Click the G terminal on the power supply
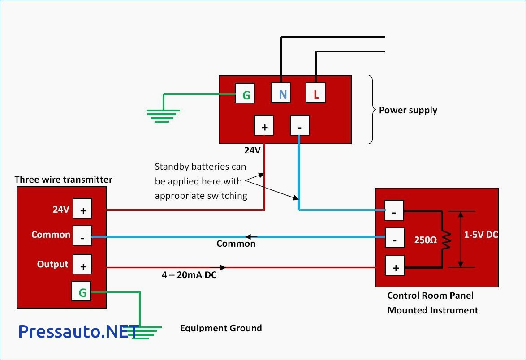click(245, 93)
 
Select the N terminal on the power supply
click(281, 93)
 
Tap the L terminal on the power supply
click(315, 93)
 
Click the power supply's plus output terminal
click(264, 125)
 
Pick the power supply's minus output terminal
click(300, 125)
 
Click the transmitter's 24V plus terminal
click(82, 208)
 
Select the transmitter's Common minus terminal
click(82, 236)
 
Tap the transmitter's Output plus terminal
click(82, 265)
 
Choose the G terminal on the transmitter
click(82, 291)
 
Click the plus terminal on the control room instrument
click(395, 266)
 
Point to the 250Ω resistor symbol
click(446, 240)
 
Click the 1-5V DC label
click(481, 235)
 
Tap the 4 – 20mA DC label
click(189, 275)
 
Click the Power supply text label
click(408, 110)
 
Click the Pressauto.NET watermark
click(78, 331)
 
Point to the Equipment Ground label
click(221, 328)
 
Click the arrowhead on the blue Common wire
click(249, 237)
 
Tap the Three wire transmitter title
click(64, 180)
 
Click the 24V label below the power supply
click(252, 150)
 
